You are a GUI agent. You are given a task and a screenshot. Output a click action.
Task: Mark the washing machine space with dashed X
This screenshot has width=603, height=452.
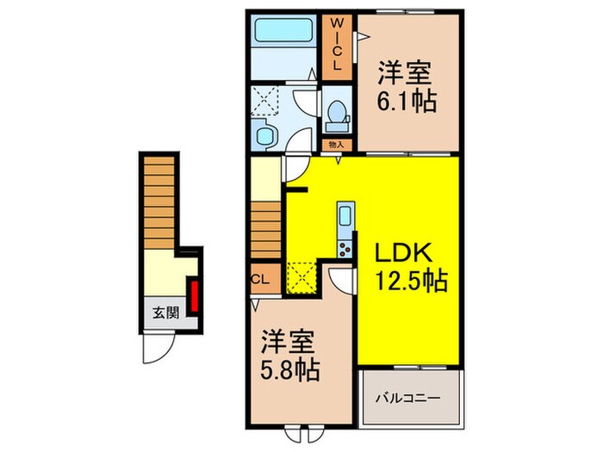point(267,102)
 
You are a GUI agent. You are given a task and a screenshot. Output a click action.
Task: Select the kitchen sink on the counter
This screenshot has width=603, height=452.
point(344,215)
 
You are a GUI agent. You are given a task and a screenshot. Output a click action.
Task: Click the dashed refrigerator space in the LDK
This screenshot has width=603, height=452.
point(303,277)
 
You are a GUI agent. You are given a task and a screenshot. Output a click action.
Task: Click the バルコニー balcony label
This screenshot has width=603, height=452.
point(410,399)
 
